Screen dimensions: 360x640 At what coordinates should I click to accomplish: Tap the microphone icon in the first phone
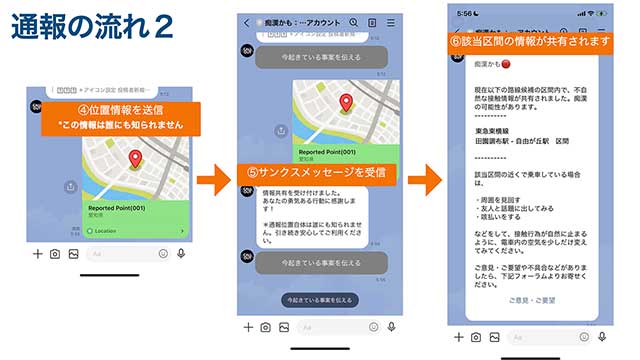point(180,254)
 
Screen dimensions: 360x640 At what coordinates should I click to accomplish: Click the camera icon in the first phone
point(55,254)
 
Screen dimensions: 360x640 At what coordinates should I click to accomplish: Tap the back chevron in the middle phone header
point(247,22)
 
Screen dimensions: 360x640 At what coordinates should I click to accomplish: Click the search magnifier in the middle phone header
point(354,22)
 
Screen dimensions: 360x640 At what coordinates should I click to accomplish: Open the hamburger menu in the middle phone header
point(390,22)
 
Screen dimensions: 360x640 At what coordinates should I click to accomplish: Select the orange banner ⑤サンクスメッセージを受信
point(319,173)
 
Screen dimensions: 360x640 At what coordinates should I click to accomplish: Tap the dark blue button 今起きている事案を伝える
point(318,299)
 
